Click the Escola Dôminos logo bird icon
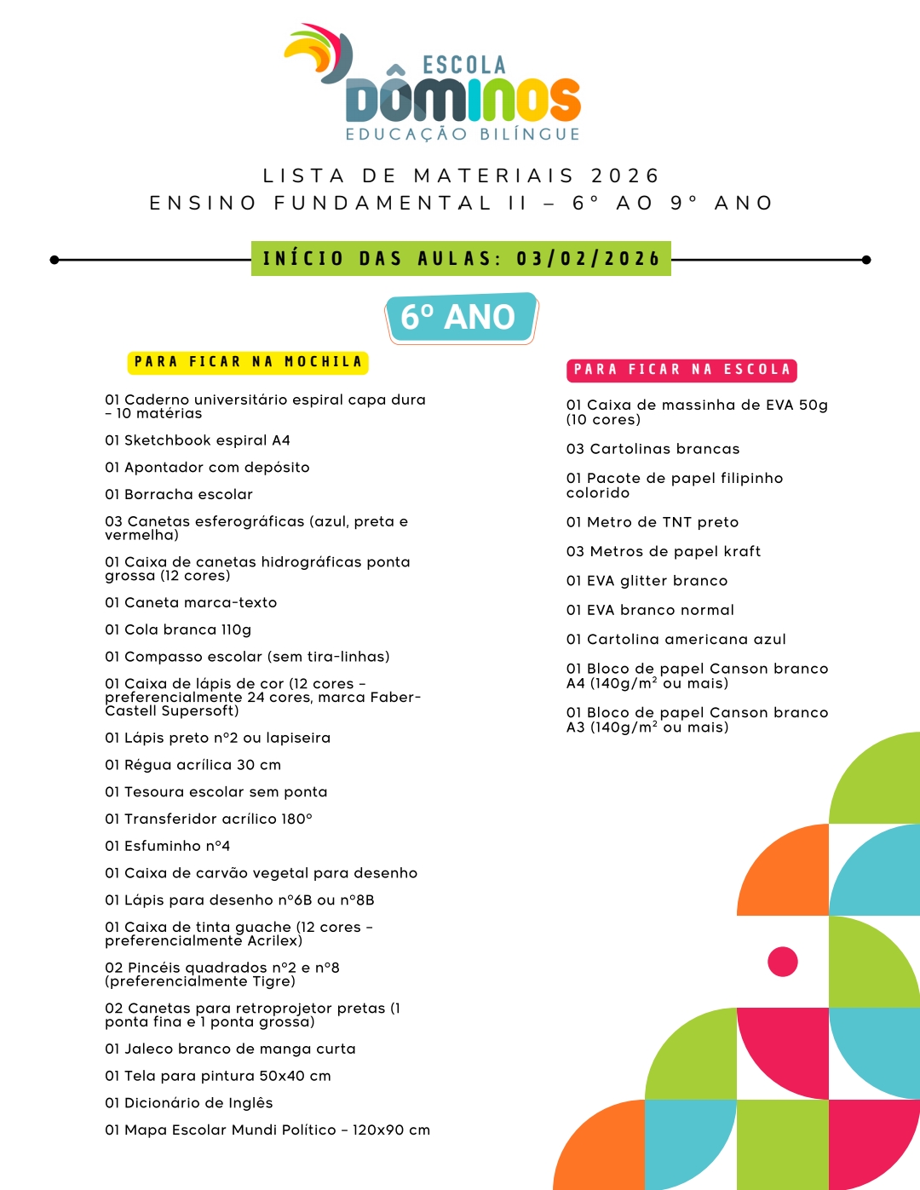click(320, 53)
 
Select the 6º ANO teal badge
click(460, 317)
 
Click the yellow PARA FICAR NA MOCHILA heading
click(248, 362)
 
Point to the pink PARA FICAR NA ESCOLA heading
click(681, 370)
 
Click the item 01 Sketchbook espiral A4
click(198, 440)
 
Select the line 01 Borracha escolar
click(179, 494)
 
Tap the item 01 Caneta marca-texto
click(191, 602)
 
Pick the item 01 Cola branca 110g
click(178, 629)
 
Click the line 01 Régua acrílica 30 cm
click(193, 765)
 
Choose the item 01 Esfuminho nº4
click(167, 846)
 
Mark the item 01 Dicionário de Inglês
click(188, 1103)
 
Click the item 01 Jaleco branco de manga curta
click(230, 1049)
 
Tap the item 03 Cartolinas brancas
click(653, 449)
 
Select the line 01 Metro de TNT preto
click(653, 522)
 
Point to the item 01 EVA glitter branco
click(647, 581)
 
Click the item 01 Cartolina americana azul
click(676, 639)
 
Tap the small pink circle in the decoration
click(782, 962)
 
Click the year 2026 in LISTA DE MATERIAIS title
click(625, 175)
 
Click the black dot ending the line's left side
click(55, 260)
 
